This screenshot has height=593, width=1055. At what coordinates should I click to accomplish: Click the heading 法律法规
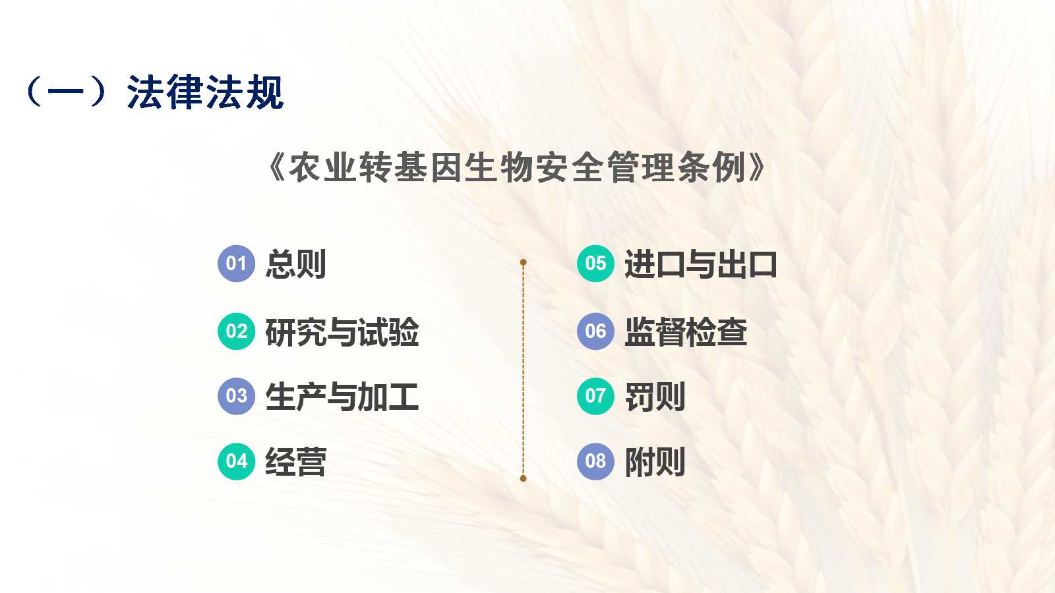pos(205,92)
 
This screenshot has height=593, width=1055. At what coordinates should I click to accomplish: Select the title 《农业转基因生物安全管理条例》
pos(517,167)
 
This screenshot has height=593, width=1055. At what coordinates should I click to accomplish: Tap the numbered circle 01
pos(237,264)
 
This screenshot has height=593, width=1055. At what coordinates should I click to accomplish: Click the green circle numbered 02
pos(237,331)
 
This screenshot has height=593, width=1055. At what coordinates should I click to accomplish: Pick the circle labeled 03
pos(237,396)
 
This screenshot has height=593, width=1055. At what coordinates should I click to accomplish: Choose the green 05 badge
pos(596,264)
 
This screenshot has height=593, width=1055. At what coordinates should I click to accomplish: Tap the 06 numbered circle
pos(596,331)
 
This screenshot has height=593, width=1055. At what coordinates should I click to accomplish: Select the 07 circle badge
pos(596,396)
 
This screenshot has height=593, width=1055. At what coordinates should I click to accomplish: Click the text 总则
pos(296,264)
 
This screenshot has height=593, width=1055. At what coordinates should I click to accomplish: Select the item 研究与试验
pos(342,332)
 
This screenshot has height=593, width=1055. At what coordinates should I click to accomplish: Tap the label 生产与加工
pos(342,397)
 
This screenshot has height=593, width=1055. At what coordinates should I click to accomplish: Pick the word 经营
pos(296,462)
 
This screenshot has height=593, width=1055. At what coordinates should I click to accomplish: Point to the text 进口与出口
pos(701,264)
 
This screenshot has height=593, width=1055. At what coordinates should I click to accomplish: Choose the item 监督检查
pos(686,332)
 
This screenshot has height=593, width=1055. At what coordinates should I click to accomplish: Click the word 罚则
pos(655,397)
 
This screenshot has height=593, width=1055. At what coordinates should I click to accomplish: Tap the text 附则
pos(655,462)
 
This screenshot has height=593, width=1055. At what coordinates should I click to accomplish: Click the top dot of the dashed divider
pos(524,262)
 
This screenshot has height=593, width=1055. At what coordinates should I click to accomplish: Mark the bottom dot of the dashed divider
pos(524,478)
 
